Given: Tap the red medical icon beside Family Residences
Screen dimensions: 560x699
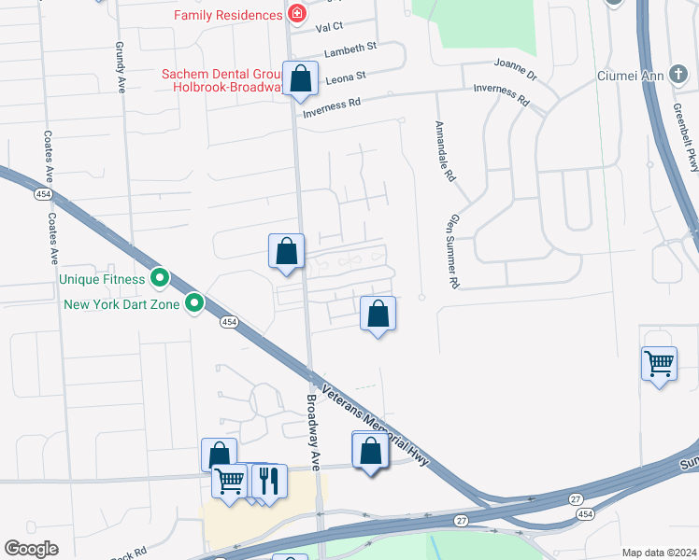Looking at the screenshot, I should pos(296,15).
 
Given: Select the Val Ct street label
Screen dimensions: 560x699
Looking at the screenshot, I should pos(331,28).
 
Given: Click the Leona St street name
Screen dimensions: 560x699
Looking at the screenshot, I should pos(346,78).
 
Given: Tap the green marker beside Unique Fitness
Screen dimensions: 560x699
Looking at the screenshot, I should pos(160,277).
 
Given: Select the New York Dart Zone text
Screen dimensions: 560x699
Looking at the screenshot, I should pos(122,303).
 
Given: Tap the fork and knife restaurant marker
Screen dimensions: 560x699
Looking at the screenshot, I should pos(268,482).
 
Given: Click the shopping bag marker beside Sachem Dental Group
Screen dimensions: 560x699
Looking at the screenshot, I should pos(301,80).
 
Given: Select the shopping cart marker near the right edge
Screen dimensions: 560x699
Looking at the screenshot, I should pos(659,363).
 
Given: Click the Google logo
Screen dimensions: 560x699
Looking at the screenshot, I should pos(31,549).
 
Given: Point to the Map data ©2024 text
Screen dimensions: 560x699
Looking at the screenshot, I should pos(659,553).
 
